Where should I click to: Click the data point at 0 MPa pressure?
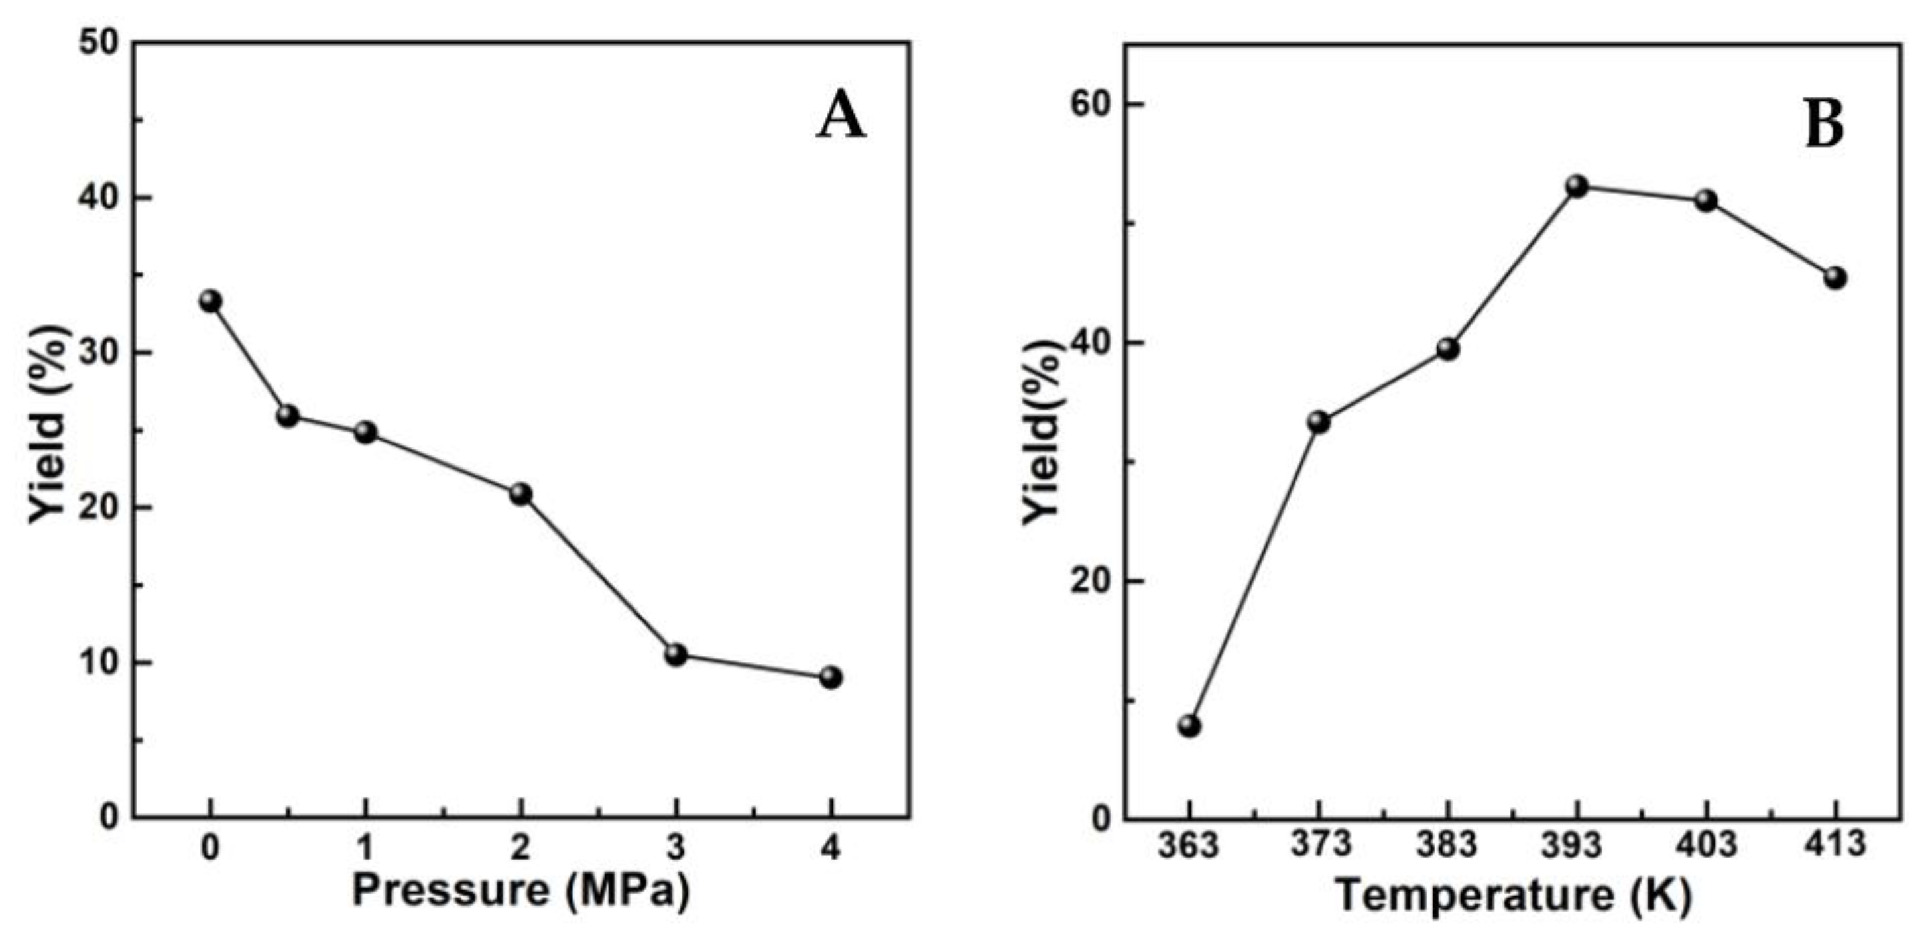(x=210, y=302)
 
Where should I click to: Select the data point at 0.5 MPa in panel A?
(x=287, y=416)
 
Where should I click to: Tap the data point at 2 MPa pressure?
(x=521, y=494)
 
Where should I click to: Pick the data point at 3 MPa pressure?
(x=676, y=655)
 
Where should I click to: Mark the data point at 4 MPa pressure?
(x=831, y=678)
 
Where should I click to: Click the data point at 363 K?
(x=1189, y=725)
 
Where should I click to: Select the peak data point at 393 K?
(x=1577, y=186)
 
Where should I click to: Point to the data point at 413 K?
(x=1835, y=278)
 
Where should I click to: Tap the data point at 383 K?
(x=1447, y=349)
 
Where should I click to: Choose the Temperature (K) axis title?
(x=1514, y=896)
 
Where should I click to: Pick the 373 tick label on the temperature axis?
(x=1320, y=845)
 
